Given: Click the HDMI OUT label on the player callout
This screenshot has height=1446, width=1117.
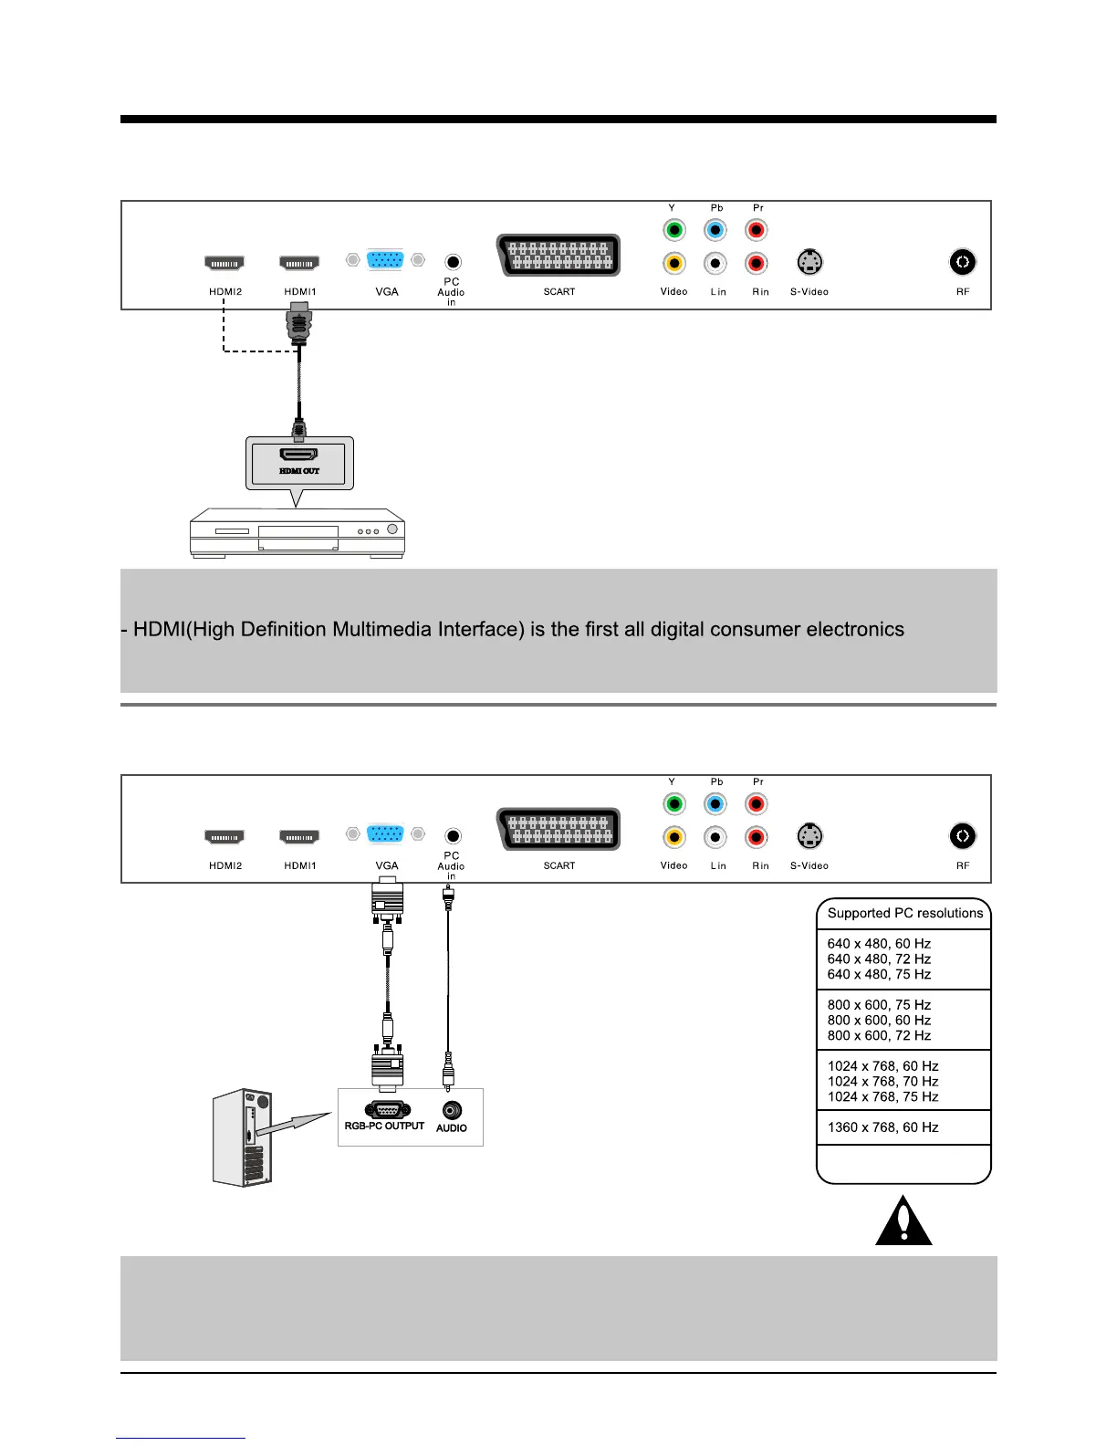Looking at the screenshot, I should (x=299, y=471).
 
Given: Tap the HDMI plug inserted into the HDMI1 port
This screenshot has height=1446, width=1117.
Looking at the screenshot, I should (x=299, y=325).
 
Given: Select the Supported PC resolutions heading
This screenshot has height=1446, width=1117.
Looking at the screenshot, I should (x=904, y=913).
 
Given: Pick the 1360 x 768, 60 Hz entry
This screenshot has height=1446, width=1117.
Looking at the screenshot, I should (x=882, y=1127).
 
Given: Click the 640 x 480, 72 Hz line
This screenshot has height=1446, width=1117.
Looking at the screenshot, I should (x=879, y=959).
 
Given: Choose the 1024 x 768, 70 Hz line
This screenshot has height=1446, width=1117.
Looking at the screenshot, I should (x=882, y=1081).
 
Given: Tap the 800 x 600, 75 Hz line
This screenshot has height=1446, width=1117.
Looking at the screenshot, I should (x=879, y=1005).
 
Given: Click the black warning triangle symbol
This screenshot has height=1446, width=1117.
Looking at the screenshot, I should (x=903, y=1221).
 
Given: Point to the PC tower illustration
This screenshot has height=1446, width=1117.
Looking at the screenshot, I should (x=243, y=1137).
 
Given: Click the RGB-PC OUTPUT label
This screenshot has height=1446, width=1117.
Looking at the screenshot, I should (x=384, y=1126).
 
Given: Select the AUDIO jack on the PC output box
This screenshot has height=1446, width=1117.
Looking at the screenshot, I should (x=452, y=1110).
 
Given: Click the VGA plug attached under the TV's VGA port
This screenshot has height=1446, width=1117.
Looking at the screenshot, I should (x=388, y=898).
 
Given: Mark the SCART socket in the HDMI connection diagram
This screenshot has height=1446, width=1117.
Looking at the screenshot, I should (x=559, y=256).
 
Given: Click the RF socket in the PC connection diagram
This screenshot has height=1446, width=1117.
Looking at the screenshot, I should (x=962, y=836).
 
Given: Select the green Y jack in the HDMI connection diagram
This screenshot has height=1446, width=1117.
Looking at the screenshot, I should (x=673, y=230).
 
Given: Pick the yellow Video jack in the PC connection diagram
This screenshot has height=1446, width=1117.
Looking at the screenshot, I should (x=673, y=837).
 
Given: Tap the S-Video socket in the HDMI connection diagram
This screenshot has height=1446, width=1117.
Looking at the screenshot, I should (x=809, y=263).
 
